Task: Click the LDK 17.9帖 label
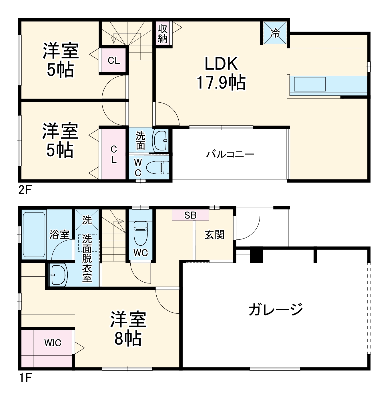click(221, 73)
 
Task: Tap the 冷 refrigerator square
click(275, 33)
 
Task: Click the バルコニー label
click(230, 155)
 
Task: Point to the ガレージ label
click(276, 309)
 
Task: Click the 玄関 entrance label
click(214, 235)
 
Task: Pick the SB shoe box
click(190, 215)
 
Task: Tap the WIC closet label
click(53, 343)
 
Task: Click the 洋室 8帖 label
click(128, 329)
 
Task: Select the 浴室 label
click(59, 235)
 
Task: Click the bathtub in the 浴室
click(34, 234)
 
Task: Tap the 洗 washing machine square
click(87, 220)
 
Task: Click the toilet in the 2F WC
click(161, 167)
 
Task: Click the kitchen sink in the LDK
click(310, 84)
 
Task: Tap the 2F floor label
click(25, 190)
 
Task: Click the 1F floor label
click(25, 378)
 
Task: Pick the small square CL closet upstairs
click(114, 61)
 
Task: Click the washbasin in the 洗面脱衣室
click(58, 275)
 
